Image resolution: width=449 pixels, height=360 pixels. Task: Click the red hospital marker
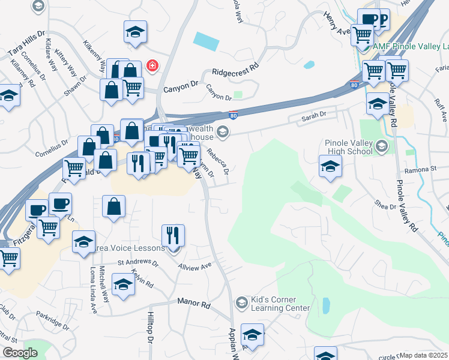coord(152,65)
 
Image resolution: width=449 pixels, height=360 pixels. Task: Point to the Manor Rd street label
coord(193,304)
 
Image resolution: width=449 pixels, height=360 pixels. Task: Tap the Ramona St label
coord(420,170)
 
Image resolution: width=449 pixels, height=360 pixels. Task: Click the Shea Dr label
coord(385,205)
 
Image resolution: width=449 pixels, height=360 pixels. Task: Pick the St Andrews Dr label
coord(137,263)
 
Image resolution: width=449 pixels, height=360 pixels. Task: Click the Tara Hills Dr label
coord(26,46)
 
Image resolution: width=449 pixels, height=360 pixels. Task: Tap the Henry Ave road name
coord(337,22)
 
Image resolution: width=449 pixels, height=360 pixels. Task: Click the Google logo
coord(19,353)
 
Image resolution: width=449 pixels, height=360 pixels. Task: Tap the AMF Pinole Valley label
coord(411,46)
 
